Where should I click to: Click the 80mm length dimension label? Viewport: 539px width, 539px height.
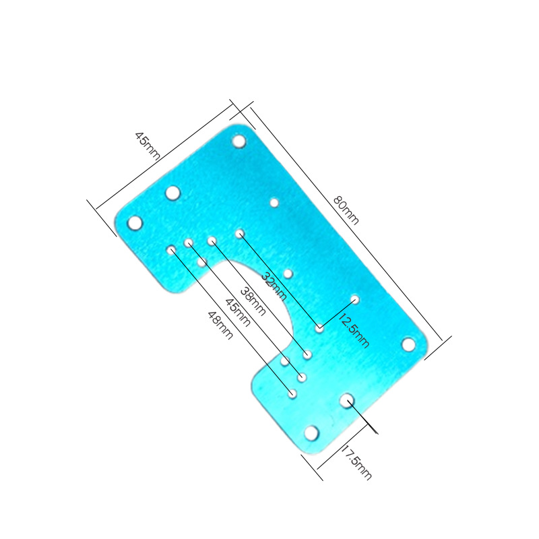click(346, 210)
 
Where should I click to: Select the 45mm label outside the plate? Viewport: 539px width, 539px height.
click(148, 145)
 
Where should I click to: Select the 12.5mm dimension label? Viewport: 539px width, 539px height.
click(354, 330)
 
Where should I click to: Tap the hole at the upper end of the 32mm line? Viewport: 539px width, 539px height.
click(239, 234)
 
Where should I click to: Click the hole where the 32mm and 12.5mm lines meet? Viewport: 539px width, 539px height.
click(319, 329)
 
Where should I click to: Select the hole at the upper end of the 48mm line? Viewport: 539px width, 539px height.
click(171, 250)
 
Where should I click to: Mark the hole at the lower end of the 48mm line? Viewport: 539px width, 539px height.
click(292, 392)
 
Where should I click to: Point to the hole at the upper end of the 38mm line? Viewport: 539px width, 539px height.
click(212, 241)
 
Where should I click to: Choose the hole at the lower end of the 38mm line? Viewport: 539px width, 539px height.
click(307, 354)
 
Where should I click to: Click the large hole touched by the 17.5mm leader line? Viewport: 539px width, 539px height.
click(346, 400)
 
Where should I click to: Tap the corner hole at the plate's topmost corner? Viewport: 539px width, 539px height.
click(239, 141)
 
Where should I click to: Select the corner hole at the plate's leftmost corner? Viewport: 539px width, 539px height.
click(135, 223)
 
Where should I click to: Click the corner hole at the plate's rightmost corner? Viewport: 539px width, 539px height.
click(408, 344)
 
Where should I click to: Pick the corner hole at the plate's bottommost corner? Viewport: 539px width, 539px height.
click(311, 433)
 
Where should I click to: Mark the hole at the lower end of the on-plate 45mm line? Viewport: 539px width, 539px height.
click(302, 377)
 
